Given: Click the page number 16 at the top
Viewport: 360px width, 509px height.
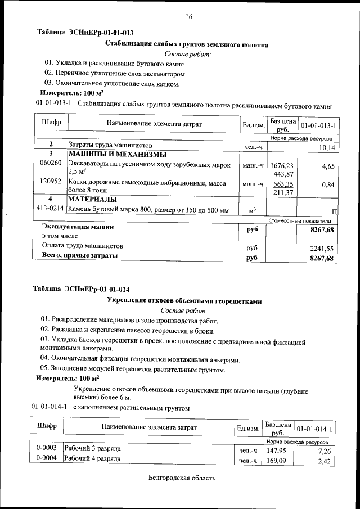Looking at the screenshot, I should [189, 17].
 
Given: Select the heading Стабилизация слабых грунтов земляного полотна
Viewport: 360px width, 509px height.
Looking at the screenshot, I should [187, 44].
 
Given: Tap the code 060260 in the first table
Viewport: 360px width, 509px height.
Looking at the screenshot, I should [51, 163].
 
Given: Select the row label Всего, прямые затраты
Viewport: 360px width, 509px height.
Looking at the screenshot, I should [80, 256].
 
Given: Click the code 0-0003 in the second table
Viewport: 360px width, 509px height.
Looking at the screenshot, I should [45, 449].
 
